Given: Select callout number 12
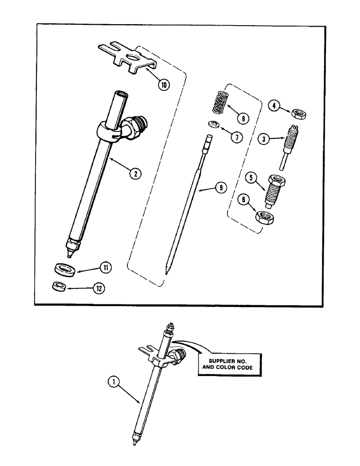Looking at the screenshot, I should point(98,288).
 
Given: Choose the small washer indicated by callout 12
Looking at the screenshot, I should point(57,286).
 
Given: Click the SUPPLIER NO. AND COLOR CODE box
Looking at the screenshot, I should point(231,365).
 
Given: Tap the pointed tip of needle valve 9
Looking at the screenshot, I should point(166,272).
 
